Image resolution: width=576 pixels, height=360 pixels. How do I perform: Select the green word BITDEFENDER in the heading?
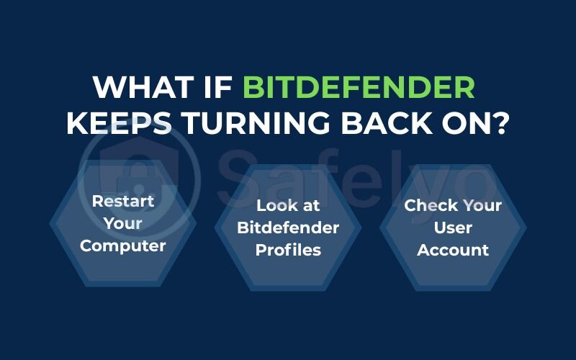click(359, 88)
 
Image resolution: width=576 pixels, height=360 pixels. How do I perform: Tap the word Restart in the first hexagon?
click(123, 201)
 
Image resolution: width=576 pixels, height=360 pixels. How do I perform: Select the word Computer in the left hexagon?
click(123, 246)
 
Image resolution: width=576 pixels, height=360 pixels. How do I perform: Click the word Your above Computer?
click(123, 223)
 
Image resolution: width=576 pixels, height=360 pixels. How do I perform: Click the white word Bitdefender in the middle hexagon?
click(288, 228)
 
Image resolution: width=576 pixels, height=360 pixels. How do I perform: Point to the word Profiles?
click(288, 251)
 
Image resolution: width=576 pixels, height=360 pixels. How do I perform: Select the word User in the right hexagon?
click(454, 228)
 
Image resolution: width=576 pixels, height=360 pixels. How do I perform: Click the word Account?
click(454, 251)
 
